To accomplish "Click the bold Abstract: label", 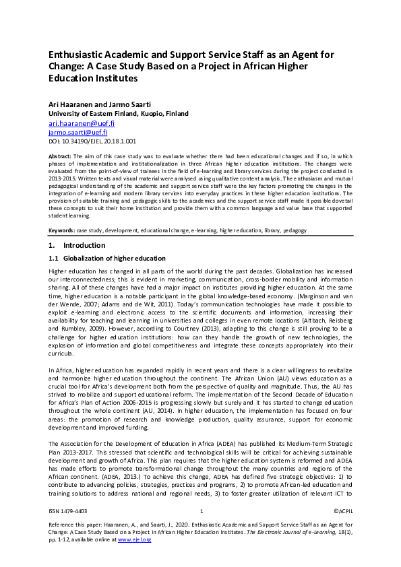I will (61, 156).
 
